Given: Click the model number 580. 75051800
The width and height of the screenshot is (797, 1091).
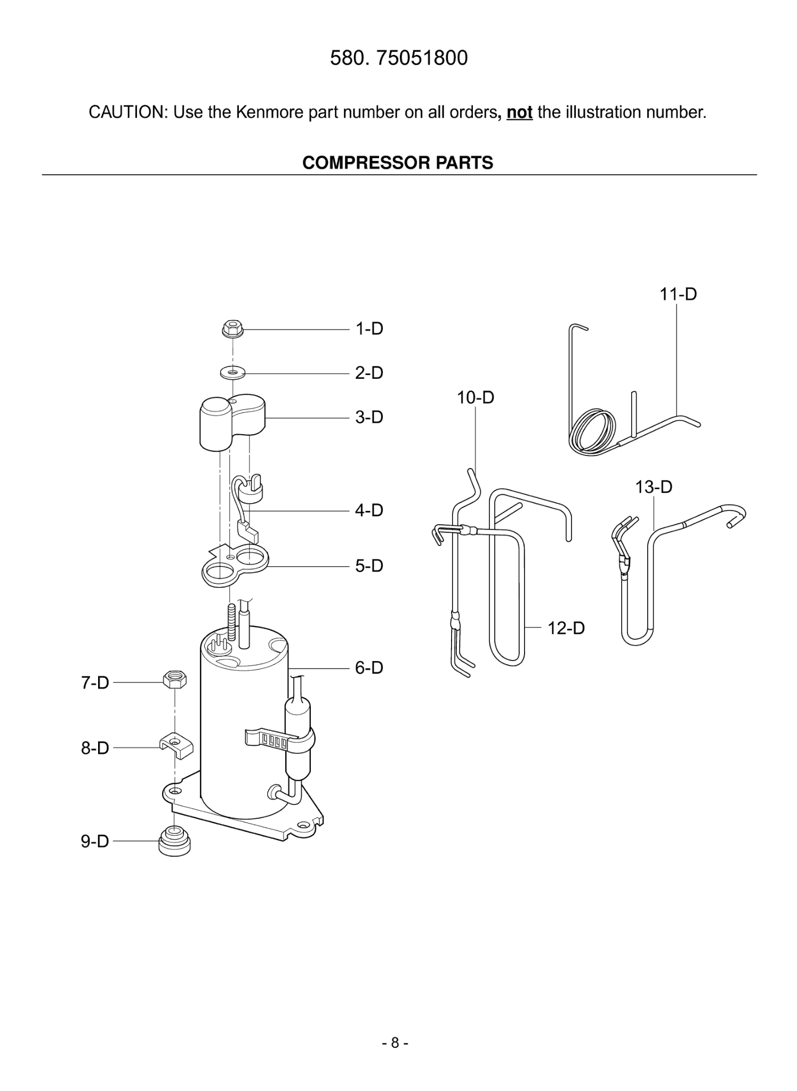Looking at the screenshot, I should (x=398, y=58).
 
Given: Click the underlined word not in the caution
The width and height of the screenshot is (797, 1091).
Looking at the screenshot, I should (x=519, y=113).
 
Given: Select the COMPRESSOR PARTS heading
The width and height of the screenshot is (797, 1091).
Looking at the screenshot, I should (x=398, y=162).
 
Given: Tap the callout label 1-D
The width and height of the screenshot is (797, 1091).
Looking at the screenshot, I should (x=369, y=329).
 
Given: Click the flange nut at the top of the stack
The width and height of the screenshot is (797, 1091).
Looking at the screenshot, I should (x=232, y=329).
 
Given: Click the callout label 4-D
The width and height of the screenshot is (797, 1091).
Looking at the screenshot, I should (x=369, y=510).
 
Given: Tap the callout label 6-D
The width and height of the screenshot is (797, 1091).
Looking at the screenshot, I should (x=369, y=667).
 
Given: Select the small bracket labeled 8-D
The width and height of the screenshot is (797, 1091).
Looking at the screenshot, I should (x=176, y=746).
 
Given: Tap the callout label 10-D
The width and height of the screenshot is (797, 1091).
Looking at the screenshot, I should (x=475, y=397).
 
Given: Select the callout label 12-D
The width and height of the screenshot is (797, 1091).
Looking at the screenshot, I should (x=566, y=628).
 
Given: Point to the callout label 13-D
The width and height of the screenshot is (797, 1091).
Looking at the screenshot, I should (x=654, y=486).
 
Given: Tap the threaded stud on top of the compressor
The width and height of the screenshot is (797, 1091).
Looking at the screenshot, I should (x=231, y=621).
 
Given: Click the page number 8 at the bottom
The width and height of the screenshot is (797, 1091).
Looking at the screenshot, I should (x=395, y=1043).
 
